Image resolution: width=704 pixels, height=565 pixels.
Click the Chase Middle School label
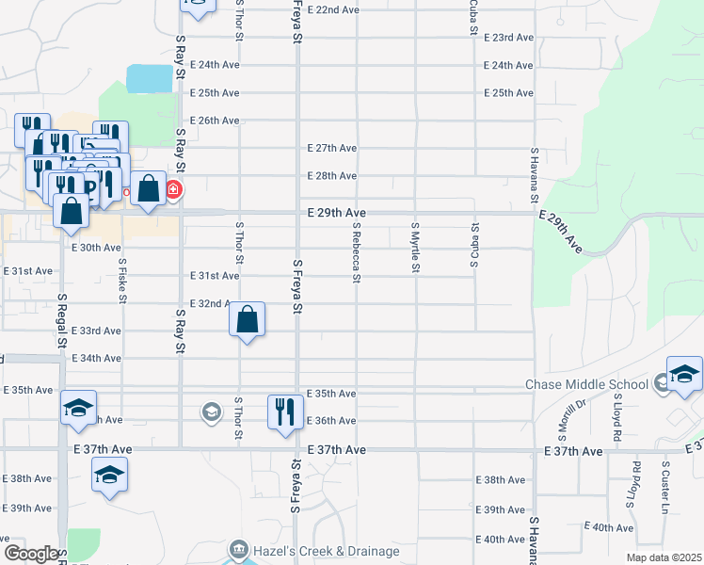pyautogui.click(x=586, y=384)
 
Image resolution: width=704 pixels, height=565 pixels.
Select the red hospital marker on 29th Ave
pyautogui.click(x=173, y=190)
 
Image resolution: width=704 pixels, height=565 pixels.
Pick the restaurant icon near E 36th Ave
pyautogui.click(x=284, y=412)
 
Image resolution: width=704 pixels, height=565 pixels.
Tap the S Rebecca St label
pyautogui.click(x=357, y=251)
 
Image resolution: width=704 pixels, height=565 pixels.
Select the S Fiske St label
pyautogui.click(x=122, y=280)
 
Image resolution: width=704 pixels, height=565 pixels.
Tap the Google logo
pyautogui.click(x=31, y=554)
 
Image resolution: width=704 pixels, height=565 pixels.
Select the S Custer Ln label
pyautogui.click(x=665, y=476)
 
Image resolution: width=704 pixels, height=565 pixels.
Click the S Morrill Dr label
pyautogui.click(x=565, y=419)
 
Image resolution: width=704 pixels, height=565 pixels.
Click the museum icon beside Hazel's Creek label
pyautogui.click(x=239, y=550)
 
